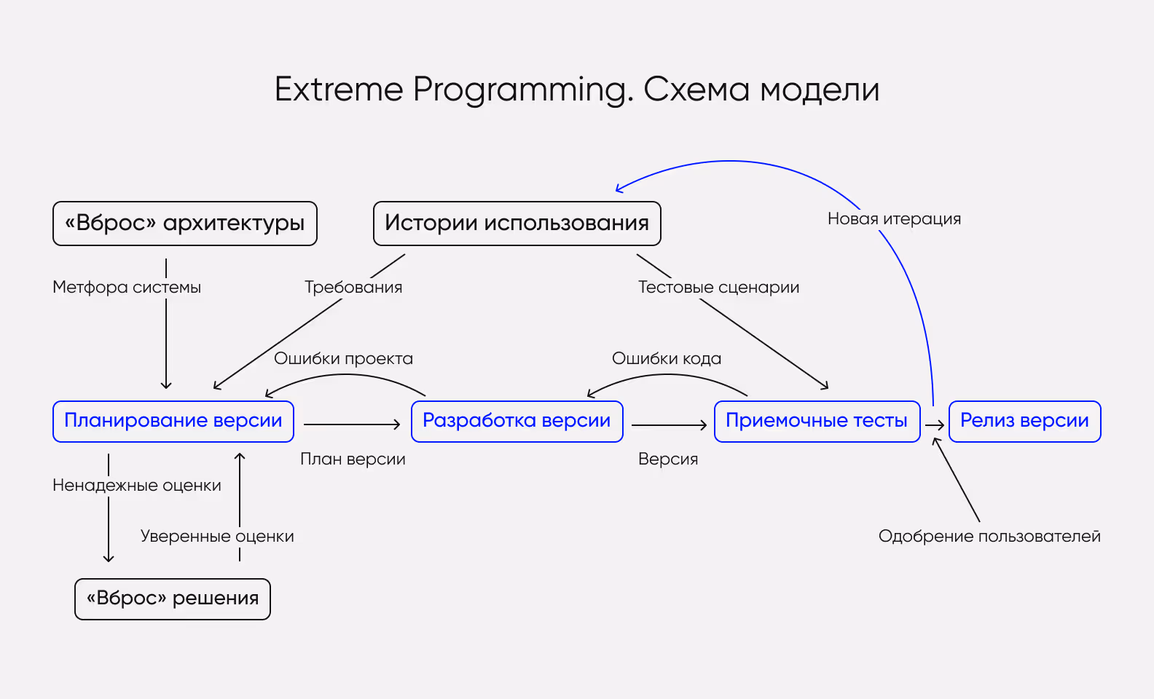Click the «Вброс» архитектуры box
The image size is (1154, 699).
click(185, 224)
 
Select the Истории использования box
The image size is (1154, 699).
click(517, 224)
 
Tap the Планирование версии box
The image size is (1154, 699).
click(173, 421)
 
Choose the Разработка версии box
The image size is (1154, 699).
click(517, 421)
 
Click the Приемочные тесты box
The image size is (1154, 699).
click(817, 421)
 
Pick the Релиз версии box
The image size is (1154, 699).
click(1024, 421)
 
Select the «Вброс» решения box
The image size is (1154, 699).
click(173, 599)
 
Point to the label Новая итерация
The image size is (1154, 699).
click(894, 219)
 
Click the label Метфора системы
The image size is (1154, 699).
click(127, 288)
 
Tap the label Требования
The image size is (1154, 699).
click(353, 288)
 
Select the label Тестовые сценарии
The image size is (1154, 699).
click(718, 288)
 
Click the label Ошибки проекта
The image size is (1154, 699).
click(343, 359)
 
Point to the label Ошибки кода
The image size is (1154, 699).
click(667, 359)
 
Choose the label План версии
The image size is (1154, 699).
click(353, 459)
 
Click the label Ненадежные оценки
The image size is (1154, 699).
click(137, 486)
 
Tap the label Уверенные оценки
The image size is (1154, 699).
click(217, 537)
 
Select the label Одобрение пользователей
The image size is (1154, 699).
click(989, 537)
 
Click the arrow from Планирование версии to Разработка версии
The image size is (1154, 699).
click(352, 424)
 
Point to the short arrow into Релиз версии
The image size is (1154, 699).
click(935, 425)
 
